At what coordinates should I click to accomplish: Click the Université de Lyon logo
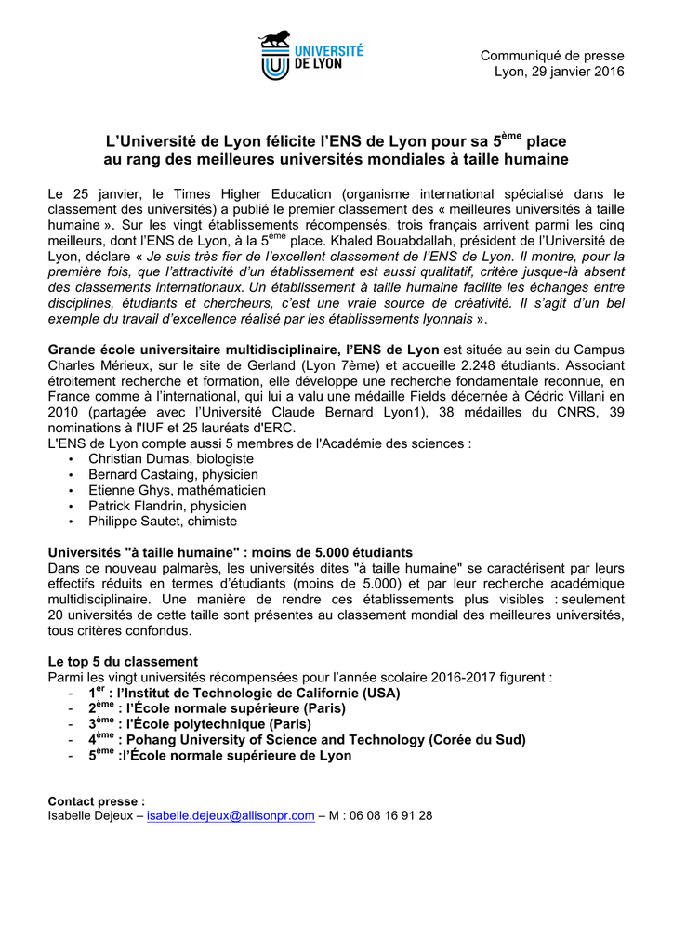(x=311, y=55)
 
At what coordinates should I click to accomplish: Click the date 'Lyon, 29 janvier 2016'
(x=559, y=72)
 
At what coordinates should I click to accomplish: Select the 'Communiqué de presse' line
(x=552, y=56)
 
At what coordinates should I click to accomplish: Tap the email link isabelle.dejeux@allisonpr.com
(x=231, y=815)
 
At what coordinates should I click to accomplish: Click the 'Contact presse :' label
(x=97, y=800)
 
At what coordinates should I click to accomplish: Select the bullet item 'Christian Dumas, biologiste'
(x=171, y=459)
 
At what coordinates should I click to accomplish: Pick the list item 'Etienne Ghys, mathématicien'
(x=177, y=490)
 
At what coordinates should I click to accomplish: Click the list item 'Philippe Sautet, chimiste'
(x=163, y=522)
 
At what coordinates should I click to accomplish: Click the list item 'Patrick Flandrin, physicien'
(x=167, y=506)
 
